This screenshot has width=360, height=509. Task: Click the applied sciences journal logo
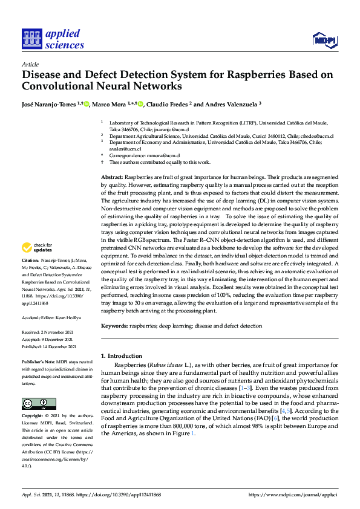[x=53, y=38]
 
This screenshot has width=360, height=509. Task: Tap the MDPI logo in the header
[x=324, y=41]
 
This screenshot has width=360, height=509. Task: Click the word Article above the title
[x=30, y=64]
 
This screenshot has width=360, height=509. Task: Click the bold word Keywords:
[x=114, y=326]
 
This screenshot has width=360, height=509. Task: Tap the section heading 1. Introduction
[x=122, y=356]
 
